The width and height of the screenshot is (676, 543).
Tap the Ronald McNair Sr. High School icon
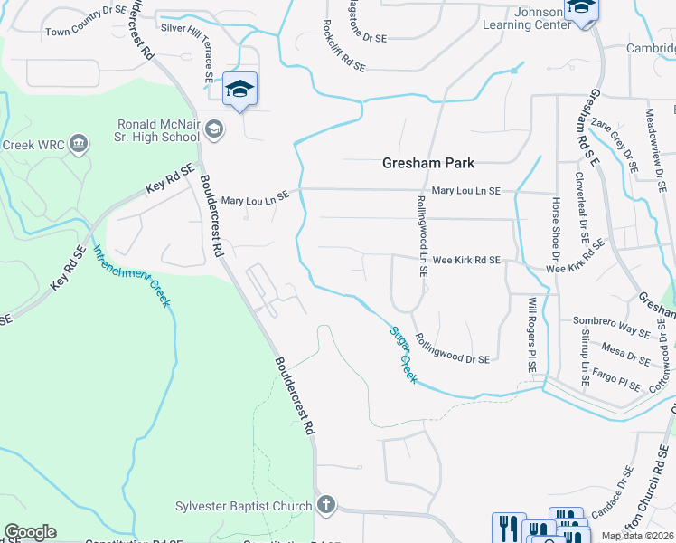point(214,129)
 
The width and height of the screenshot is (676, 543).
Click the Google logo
point(30,532)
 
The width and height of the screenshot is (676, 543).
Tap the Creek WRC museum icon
point(79,144)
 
